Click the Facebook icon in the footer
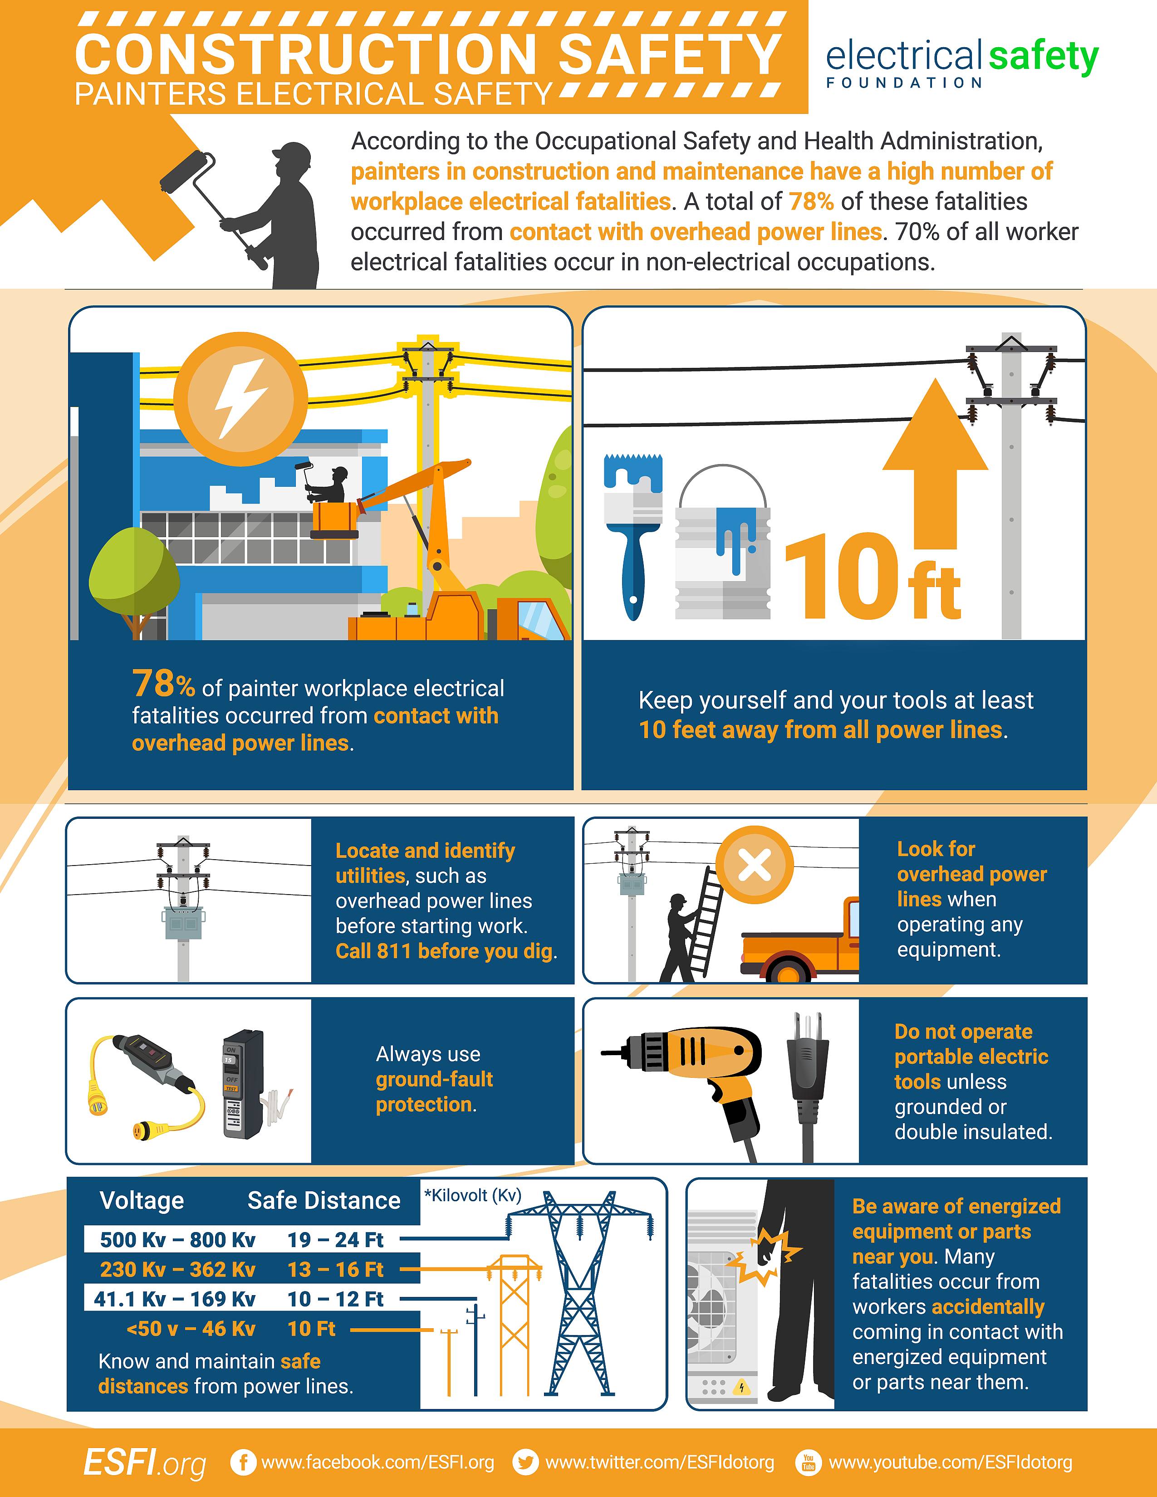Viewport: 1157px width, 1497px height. coord(243,1462)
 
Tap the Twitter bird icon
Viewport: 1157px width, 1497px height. coord(526,1462)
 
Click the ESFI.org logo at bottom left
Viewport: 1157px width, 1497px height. coord(145,1463)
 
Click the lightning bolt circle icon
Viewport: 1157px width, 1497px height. coord(240,398)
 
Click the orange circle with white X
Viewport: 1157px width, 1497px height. coord(755,865)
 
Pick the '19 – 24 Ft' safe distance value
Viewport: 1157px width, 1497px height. coord(335,1239)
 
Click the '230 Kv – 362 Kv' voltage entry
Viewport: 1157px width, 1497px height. coord(177,1269)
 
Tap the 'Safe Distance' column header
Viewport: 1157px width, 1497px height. coord(324,1200)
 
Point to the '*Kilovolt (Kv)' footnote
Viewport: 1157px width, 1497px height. coord(473,1195)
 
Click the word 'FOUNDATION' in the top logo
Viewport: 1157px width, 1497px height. coord(904,83)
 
